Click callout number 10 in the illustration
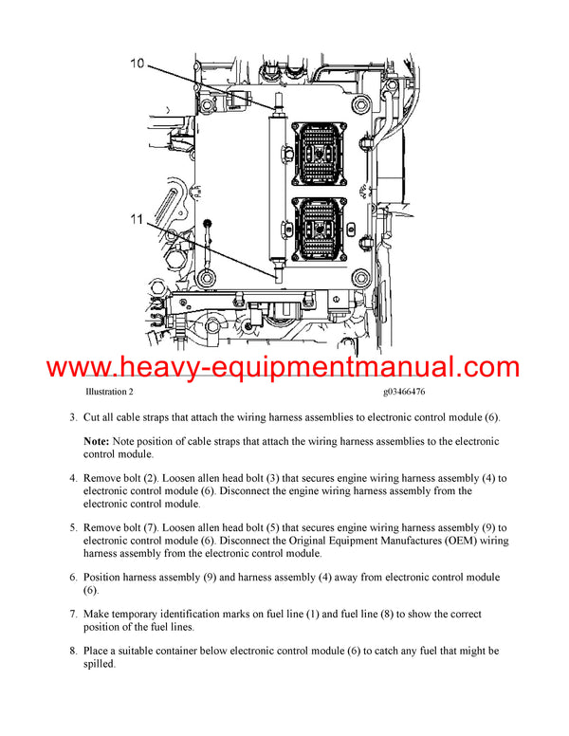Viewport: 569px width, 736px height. (138, 64)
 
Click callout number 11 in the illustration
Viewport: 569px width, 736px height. (138, 218)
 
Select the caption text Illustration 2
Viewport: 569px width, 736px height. (109, 392)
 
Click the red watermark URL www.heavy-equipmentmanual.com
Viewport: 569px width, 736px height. (284, 368)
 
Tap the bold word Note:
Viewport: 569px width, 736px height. (97, 442)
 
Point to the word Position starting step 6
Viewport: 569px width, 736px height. (105, 577)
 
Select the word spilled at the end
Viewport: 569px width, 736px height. (100, 665)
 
